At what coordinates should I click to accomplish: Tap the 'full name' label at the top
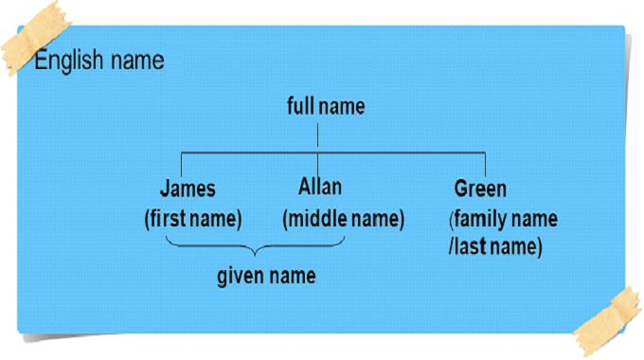[325, 106]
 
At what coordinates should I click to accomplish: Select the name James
[188, 189]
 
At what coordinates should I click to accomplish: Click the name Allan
[320, 186]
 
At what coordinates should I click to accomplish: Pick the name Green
[480, 189]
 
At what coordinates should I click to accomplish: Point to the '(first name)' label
[193, 220]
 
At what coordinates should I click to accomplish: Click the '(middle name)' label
[343, 220]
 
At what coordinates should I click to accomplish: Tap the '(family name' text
[503, 220]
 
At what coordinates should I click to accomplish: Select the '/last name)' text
[495, 247]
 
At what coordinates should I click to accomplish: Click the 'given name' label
[266, 277]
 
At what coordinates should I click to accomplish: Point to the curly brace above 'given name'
[254, 248]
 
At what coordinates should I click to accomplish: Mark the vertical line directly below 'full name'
[316, 135]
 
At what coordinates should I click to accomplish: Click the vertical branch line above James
[183, 163]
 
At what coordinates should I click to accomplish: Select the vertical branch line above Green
[485, 163]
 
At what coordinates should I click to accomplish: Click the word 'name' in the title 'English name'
[134, 61]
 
